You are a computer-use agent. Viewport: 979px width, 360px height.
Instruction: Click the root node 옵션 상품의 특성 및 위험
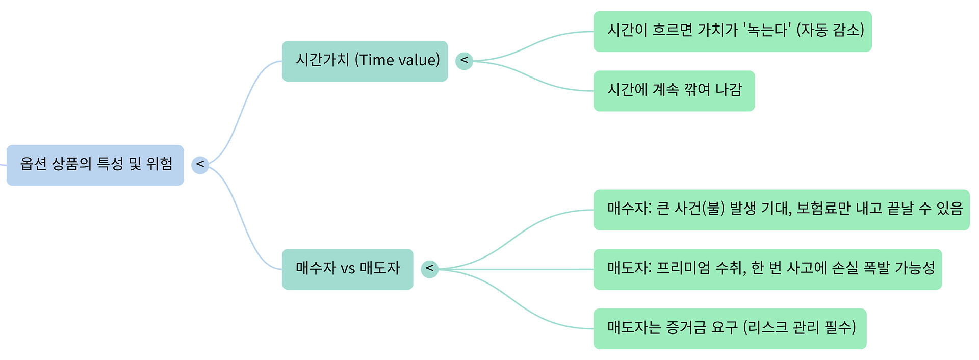95,165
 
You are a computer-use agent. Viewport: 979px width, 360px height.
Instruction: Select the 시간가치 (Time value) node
365,61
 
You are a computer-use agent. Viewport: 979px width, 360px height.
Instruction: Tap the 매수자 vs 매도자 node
347,269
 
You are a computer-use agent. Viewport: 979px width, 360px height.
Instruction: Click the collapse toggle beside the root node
200,165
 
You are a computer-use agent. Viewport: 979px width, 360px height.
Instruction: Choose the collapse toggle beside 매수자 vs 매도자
429,269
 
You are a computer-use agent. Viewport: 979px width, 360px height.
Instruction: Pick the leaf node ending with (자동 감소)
732,31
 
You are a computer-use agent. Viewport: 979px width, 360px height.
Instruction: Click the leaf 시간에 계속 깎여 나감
674,91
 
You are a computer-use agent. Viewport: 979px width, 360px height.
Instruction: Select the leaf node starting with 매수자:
781,210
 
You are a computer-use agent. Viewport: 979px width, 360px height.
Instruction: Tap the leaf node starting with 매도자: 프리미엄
767,269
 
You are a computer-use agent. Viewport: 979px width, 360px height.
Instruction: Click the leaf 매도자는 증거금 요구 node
730,328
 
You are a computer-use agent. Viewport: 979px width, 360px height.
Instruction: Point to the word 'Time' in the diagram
376,60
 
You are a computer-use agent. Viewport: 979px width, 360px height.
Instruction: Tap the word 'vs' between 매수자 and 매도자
347,269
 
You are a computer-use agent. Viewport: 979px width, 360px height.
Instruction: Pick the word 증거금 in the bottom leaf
686,328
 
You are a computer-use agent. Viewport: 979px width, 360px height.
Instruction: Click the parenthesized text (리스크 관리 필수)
799,327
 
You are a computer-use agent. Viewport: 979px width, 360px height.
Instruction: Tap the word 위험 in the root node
160,164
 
